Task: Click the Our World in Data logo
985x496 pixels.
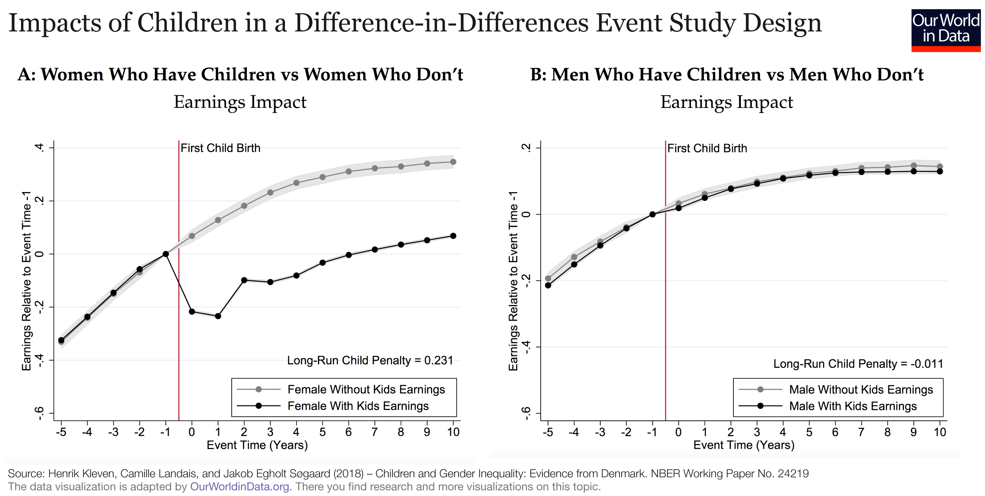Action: point(946,30)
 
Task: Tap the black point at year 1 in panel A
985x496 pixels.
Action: point(218,316)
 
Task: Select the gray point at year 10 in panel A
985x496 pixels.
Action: point(453,162)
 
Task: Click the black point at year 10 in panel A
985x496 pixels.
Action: point(453,236)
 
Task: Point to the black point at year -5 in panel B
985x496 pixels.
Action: point(548,285)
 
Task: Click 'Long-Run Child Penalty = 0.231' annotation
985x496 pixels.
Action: point(370,360)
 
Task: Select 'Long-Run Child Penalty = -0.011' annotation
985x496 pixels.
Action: point(858,364)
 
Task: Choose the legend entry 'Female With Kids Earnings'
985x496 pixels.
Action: point(358,406)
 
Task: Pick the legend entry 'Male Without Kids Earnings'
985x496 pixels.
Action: point(861,389)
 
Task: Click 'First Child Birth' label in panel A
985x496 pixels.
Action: point(220,148)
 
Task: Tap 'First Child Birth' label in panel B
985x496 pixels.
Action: point(707,148)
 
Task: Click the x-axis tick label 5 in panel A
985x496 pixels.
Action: point(322,432)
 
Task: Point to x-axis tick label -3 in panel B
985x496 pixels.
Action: point(600,432)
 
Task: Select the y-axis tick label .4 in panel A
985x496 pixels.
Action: point(39,147)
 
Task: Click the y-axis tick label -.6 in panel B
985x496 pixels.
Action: point(526,414)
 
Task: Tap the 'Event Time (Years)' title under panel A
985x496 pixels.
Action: point(257,445)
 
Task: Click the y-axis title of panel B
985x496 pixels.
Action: point(513,281)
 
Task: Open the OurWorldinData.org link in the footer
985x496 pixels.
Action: point(240,486)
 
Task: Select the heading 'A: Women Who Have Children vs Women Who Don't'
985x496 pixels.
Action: point(240,74)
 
